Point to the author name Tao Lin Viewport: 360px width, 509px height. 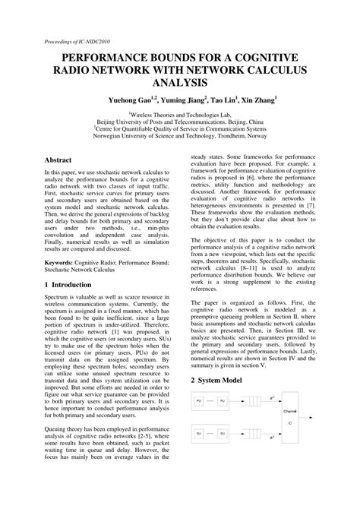[x=222, y=99]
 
